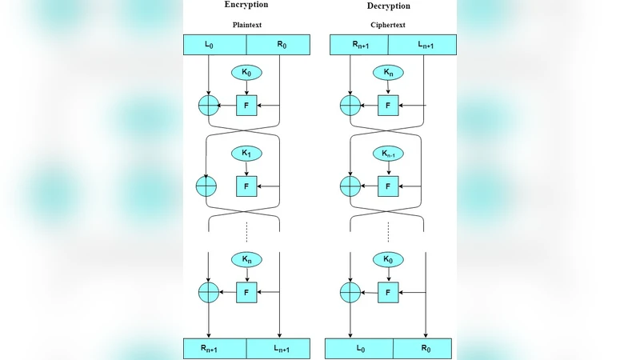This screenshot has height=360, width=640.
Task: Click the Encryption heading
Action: [246, 5]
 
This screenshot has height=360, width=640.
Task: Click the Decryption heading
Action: [388, 6]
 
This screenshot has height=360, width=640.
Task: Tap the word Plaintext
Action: [246, 24]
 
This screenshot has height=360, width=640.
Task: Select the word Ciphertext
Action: [388, 24]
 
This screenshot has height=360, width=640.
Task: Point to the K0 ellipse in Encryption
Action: [246, 73]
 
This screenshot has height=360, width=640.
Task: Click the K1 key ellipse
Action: [246, 153]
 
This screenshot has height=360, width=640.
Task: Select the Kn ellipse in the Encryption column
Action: [246, 259]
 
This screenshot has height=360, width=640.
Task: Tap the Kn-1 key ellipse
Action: [388, 153]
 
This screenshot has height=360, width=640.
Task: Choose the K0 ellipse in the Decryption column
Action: [388, 259]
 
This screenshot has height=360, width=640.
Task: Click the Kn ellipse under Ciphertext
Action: [388, 73]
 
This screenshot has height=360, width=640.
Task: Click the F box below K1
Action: [246, 186]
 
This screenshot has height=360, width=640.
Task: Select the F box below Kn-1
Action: [388, 186]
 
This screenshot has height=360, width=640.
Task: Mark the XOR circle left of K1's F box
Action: [207, 186]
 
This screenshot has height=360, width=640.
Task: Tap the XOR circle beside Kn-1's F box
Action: [350, 186]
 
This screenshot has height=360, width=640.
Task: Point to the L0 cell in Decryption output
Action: [358, 349]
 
